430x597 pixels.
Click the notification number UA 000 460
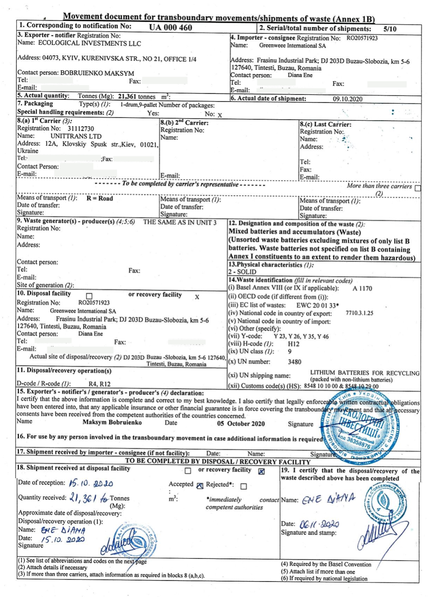[x=170, y=27]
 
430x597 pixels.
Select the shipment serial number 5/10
[x=390, y=29]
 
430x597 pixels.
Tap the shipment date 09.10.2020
[x=348, y=99]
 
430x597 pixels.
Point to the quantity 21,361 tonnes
[x=137, y=96]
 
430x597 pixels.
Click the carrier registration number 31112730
[x=81, y=129]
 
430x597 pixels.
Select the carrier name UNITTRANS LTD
[x=76, y=136]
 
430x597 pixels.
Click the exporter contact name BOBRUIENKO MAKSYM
[x=97, y=73]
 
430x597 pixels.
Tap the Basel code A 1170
[x=362, y=288]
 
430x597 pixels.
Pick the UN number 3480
[x=294, y=362]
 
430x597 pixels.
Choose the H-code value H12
[x=293, y=344]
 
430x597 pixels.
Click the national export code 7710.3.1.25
[x=359, y=313]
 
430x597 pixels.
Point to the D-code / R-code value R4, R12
[x=99, y=384]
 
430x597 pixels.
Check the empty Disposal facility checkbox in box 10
[x=89, y=296]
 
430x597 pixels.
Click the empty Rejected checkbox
[x=243, y=486]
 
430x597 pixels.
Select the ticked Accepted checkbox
[x=200, y=486]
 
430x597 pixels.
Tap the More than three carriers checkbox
[x=417, y=188]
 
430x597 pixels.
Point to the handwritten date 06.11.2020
[x=319, y=524]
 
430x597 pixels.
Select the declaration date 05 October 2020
[x=241, y=424]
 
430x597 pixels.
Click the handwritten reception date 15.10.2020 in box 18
[x=90, y=483]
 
